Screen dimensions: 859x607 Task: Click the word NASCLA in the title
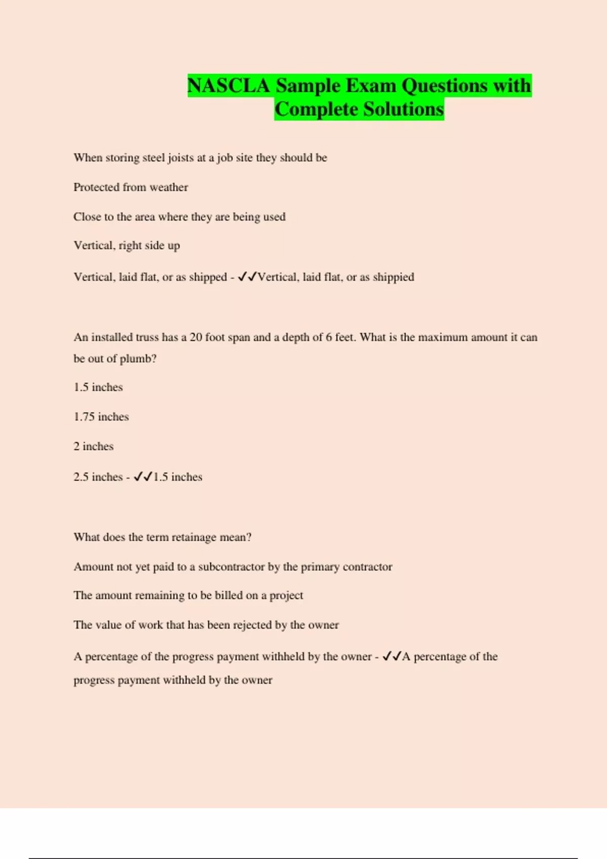coord(229,85)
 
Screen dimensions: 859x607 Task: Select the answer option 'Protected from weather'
coord(131,187)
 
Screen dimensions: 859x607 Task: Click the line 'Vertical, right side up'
coord(126,246)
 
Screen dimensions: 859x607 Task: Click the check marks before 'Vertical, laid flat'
coord(247,276)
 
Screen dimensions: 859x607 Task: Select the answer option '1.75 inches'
coord(101,417)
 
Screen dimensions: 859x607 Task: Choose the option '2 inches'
coord(94,446)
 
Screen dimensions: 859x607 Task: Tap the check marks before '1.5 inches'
coord(143,476)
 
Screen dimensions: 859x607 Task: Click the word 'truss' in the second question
coord(147,337)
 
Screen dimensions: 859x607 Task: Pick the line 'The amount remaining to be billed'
coord(188,596)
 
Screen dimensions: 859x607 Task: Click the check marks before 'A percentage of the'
coord(392,656)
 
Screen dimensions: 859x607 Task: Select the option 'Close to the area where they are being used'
coord(179,217)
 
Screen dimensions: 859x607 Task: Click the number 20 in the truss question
coord(196,337)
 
